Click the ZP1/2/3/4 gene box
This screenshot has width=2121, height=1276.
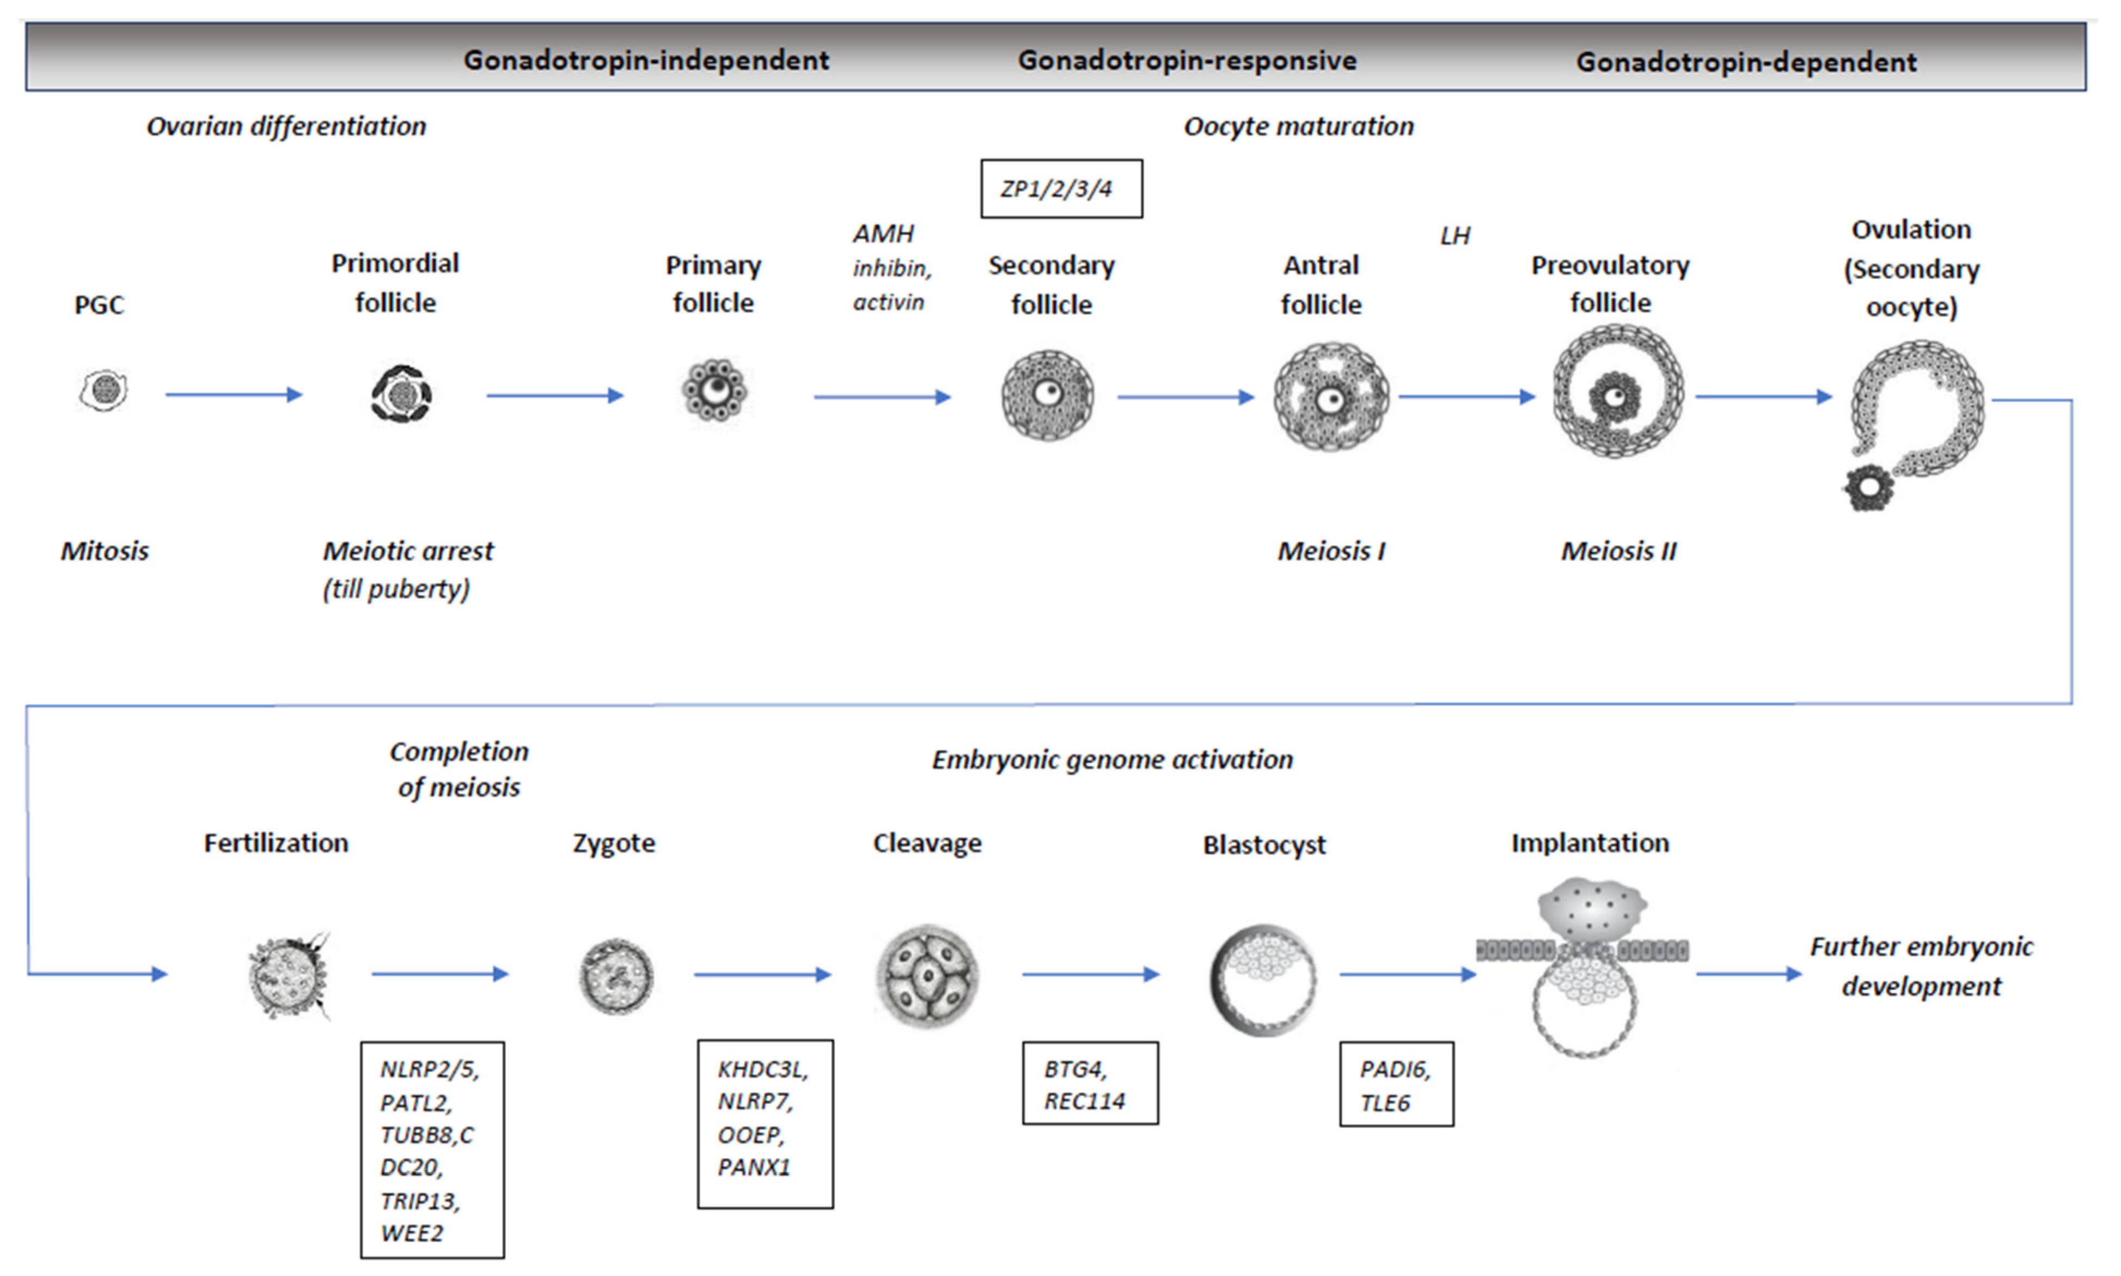[x=1061, y=189]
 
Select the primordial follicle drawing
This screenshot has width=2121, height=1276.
[x=400, y=394]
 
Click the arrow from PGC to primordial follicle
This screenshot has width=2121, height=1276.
[x=234, y=394]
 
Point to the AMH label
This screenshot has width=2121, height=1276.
[x=883, y=234]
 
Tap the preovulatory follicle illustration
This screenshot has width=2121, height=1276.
[x=1617, y=392]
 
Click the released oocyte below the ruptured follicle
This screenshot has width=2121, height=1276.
[x=1867, y=488]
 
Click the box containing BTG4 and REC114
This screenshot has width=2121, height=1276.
[x=1089, y=1083]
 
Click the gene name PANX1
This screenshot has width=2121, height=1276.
[x=753, y=1168]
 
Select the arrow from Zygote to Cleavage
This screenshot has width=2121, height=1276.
[x=761, y=974]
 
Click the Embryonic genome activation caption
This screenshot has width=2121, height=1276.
[x=1111, y=760]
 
